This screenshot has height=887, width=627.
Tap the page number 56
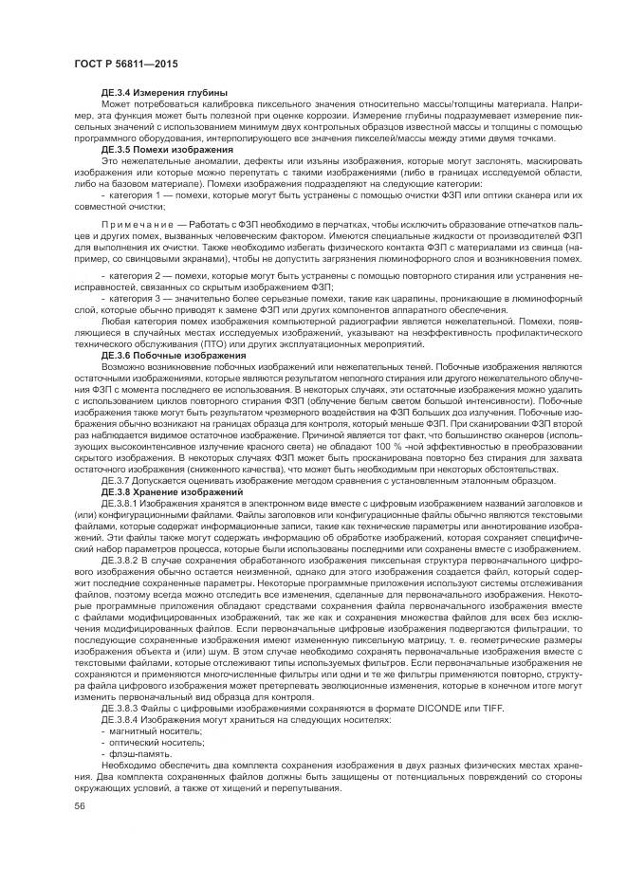(79, 805)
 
